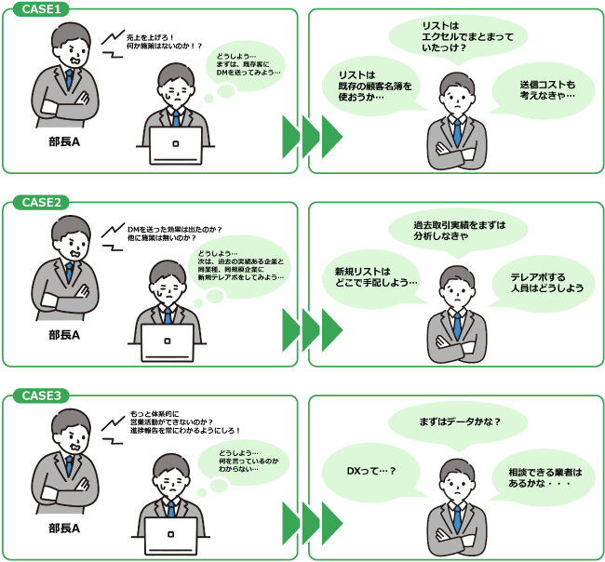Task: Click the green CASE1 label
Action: click(42, 8)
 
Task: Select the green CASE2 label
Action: click(42, 202)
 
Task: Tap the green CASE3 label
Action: click(42, 395)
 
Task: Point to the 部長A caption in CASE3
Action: click(64, 528)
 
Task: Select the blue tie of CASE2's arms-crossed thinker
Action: click(456, 326)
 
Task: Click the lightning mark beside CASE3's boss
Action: click(113, 427)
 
